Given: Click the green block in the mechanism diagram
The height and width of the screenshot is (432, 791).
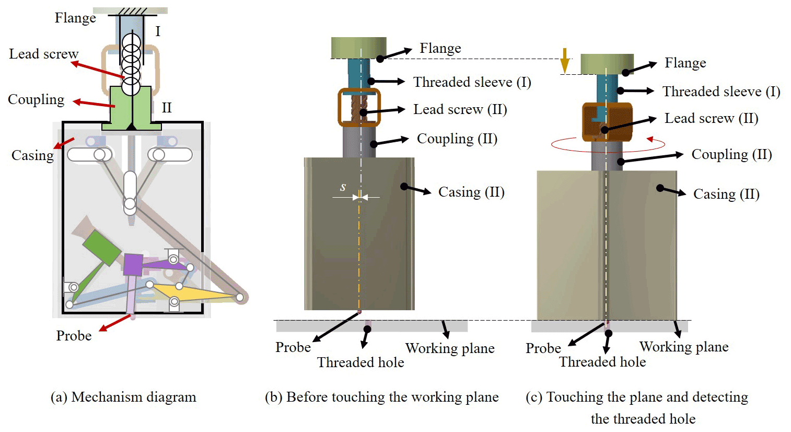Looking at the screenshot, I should coord(102,247).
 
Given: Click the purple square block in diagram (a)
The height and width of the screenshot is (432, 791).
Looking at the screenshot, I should coord(133,265).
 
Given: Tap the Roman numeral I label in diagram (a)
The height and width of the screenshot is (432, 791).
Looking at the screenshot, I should coord(158,31).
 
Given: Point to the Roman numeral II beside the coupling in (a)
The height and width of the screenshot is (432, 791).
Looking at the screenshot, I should coord(167,108).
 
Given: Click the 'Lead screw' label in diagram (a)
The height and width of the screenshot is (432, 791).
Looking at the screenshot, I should coord(43,54).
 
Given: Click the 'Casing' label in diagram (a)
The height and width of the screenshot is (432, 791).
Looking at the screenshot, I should coord(32,155).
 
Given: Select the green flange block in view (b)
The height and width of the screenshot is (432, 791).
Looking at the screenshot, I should coord(358,48).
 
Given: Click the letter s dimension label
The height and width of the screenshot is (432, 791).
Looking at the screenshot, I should coord(343,187).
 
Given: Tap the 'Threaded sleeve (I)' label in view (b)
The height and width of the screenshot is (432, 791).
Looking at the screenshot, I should coord(472,82).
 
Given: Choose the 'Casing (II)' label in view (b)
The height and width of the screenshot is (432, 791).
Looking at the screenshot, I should coord(471,192).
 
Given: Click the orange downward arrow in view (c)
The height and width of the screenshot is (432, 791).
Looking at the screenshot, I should coord(564,60).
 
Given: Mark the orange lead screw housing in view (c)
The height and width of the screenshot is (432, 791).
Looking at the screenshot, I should coord(607,122).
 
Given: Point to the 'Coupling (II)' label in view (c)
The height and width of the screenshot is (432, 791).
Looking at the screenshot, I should coord(731,154).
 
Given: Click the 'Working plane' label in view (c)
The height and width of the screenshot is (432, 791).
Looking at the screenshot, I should coord(684,347).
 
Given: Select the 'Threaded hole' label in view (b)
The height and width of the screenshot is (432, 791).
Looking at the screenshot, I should coord(360,362).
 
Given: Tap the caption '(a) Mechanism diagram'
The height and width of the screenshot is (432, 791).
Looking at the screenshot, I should coord(123,397).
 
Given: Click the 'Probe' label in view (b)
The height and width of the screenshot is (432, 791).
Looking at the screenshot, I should coord(293,347).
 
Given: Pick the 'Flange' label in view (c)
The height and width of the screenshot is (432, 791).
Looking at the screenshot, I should coord(685,63).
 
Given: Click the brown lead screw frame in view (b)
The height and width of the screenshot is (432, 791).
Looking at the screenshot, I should coord(359,108).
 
